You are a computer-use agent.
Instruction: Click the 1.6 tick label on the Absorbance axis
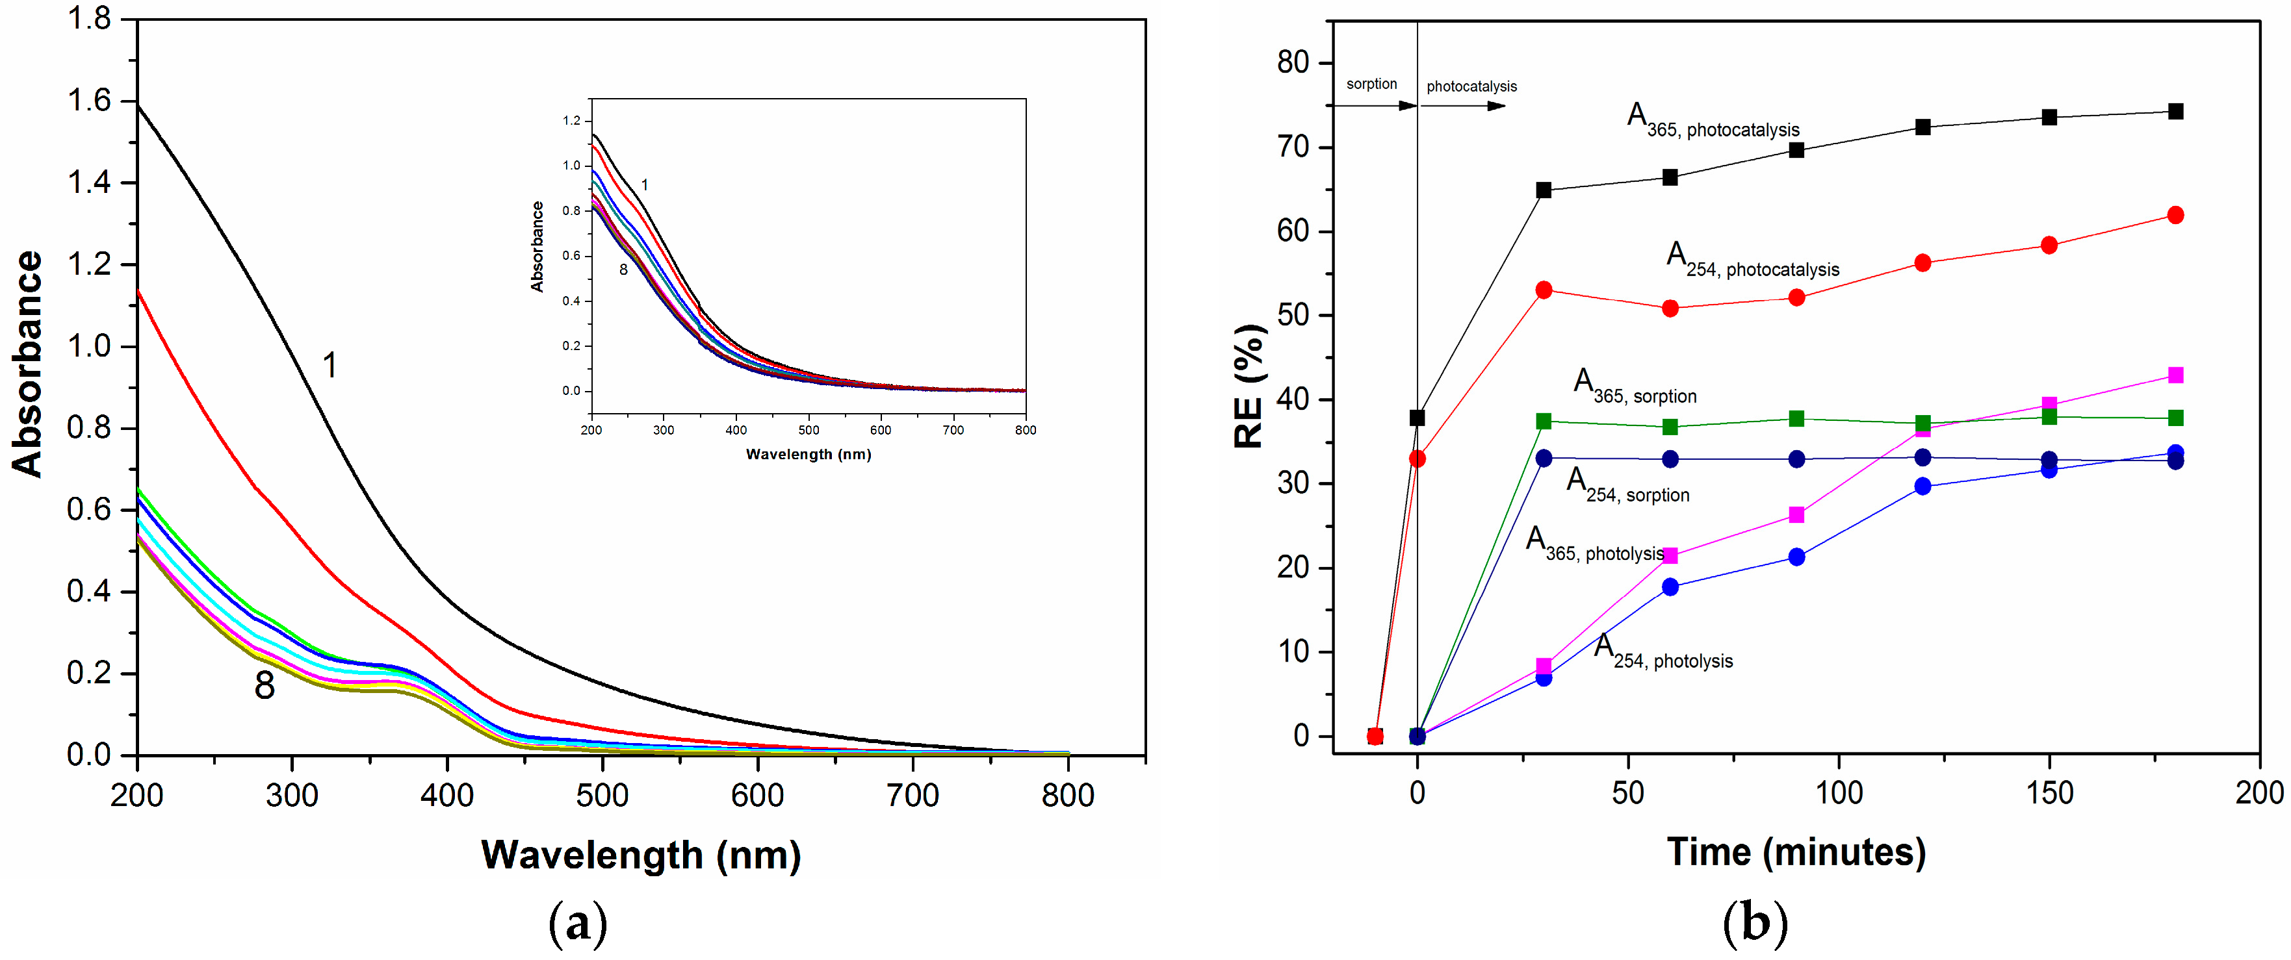point(89,101)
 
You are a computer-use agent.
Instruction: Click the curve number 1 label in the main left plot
point(330,365)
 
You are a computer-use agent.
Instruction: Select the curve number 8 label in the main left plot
point(264,685)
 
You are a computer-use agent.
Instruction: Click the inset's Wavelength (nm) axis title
point(808,454)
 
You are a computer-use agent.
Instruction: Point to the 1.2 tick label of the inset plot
point(571,121)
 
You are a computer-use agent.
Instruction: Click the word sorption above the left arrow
point(1371,84)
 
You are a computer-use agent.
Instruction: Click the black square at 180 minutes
point(2175,111)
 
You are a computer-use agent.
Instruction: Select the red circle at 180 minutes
point(2175,215)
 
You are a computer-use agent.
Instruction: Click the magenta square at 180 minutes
point(2175,375)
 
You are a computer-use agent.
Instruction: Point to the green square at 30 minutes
point(1544,422)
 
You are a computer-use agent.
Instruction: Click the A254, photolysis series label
point(1663,651)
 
